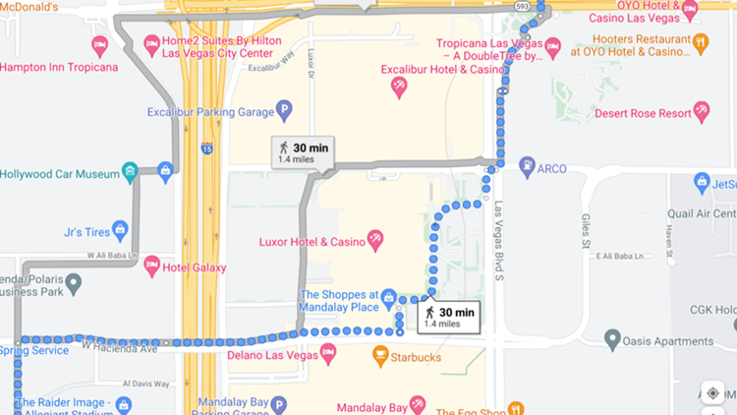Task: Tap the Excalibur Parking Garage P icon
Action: coord(284,109)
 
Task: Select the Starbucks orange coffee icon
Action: coord(380,355)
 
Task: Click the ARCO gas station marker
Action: coord(527,168)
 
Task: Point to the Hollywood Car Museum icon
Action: coord(131,174)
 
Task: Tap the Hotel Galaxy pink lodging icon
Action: coord(151,266)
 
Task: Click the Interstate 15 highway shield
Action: coord(206,148)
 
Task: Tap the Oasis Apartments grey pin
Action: coord(613,341)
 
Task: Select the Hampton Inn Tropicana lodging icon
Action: coord(98,45)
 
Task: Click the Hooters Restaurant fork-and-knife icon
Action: coord(700,42)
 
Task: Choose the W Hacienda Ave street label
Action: coord(119,347)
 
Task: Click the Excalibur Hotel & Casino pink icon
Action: coord(399,87)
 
